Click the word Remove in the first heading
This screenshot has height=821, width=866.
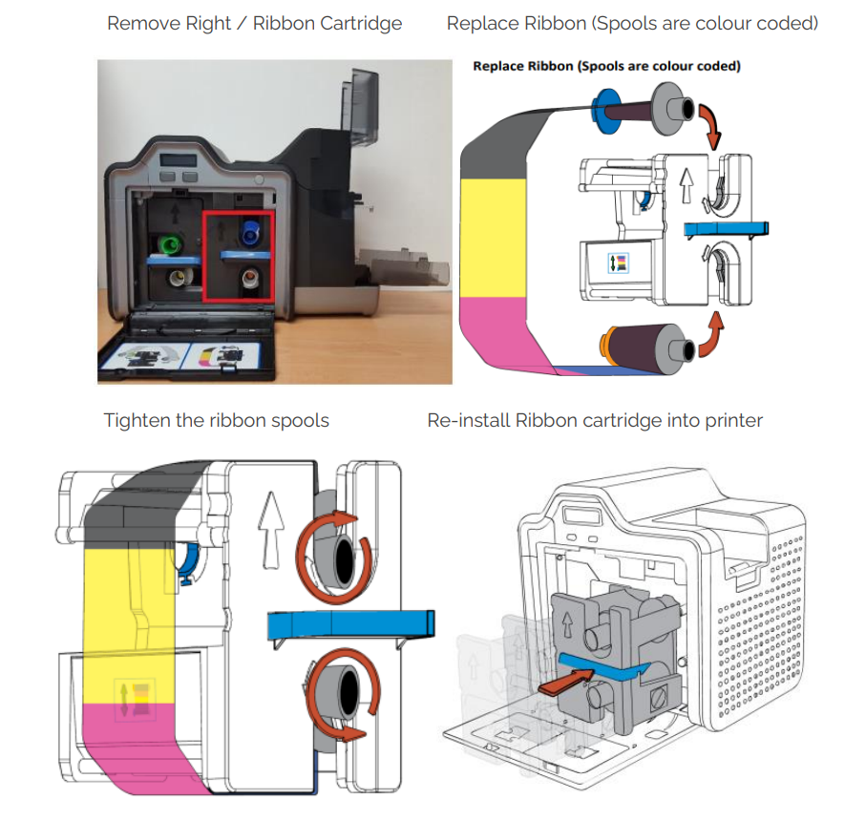click(138, 23)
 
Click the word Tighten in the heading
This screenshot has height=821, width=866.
click(137, 421)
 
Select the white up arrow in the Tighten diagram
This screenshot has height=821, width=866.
click(270, 536)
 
